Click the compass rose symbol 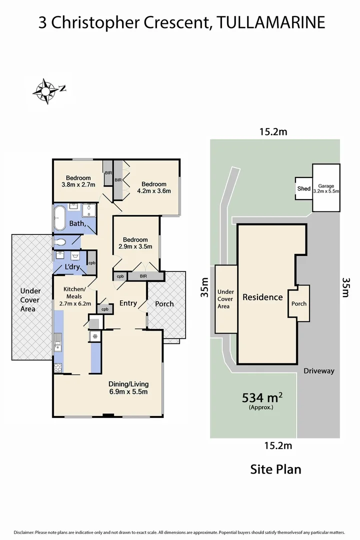[46, 91]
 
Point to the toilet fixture [60, 242]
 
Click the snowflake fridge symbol [93, 336]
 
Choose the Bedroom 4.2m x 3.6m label [154, 186]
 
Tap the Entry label [128, 303]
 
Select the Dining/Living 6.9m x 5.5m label [128, 388]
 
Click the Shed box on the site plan [303, 188]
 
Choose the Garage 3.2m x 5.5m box [326, 188]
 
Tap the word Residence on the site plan [262, 297]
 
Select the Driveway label [319, 371]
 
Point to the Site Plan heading [275, 469]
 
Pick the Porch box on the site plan [299, 303]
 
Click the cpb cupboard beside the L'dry [92, 262]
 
